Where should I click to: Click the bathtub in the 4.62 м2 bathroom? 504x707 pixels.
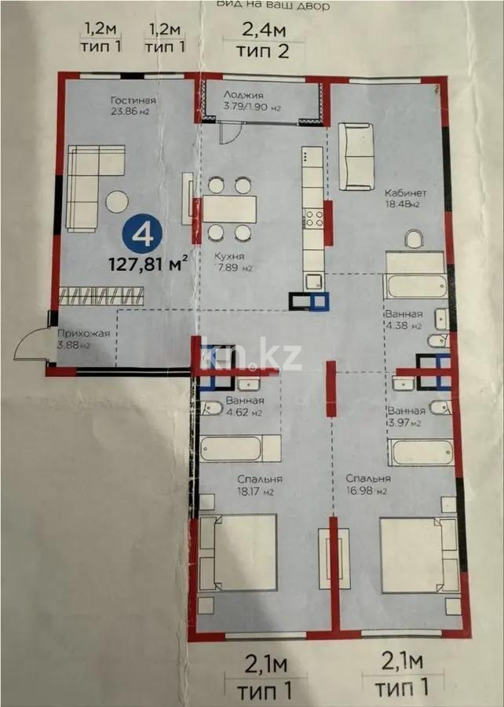[x=239, y=449]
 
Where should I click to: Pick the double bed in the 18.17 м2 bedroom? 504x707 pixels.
[x=237, y=552]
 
